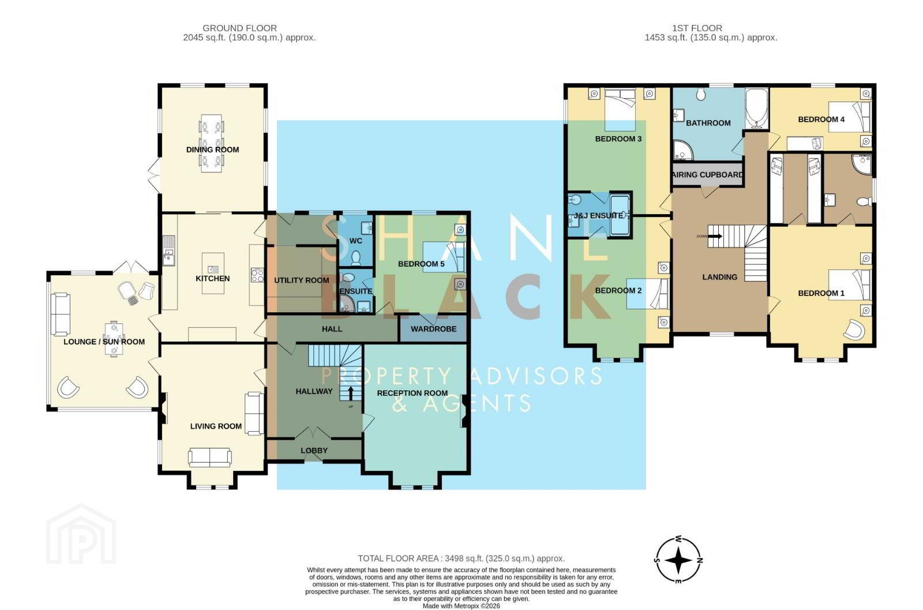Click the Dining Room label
[213, 149]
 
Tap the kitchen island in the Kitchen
[213, 274]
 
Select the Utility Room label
[302, 280]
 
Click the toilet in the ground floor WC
[356, 259]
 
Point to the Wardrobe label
[433, 329]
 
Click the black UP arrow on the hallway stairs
[351, 393]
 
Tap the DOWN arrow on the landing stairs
[715, 236]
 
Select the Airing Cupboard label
[707, 175]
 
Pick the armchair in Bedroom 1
[854, 330]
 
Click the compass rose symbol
[678, 560]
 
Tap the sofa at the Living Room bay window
[210, 458]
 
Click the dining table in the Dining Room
[211, 144]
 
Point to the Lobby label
[314, 451]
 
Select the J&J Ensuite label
[598, 216]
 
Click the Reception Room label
[412, 393]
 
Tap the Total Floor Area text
[461, 559]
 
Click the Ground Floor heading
[239, 28]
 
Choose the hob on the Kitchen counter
[257, 275]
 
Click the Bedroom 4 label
[821, 119]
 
